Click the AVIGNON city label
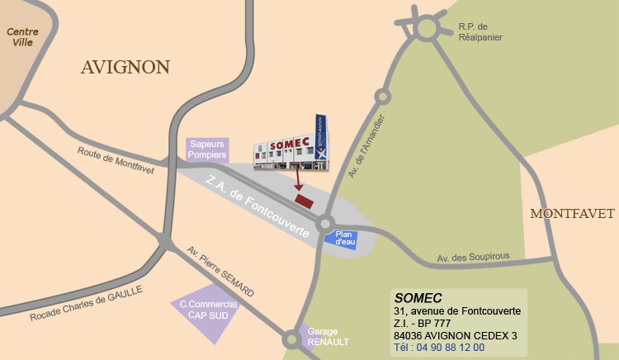tap(125, 68)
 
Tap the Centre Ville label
tap(22, 37)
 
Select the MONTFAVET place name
tap(573, 214)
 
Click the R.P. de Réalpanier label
tap(480, 31)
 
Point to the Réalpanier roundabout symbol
tap(427, 30)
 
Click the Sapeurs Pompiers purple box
tap(207, 149)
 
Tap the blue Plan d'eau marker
tap(343, 239)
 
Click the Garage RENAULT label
tap(327, 336)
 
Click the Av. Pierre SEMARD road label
tap(220, 272)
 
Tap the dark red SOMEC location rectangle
tap(305, 201)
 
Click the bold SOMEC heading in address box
tap(418, 297)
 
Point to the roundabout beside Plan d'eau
tap(325, 224)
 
